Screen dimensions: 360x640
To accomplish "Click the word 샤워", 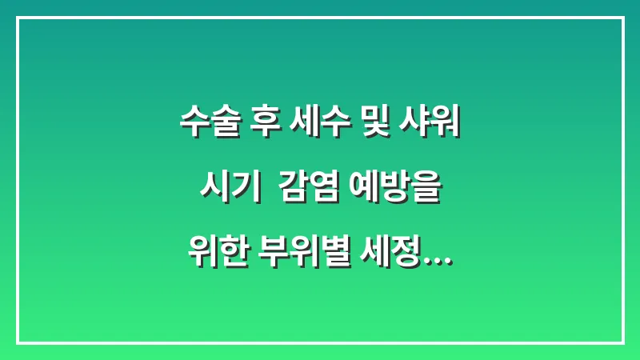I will [x=432, y=126].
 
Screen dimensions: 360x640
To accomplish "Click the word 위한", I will [x=217, y=258].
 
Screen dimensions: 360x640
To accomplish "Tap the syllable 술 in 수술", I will [x=222, y=126].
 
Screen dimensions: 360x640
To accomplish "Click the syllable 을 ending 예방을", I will [x=426, y=192].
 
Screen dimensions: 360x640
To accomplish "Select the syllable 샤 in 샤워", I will [x=417, y=126].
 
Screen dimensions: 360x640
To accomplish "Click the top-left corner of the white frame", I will [x=18, y=18].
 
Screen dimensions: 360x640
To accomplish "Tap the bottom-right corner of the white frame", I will [x=622, y=342].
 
